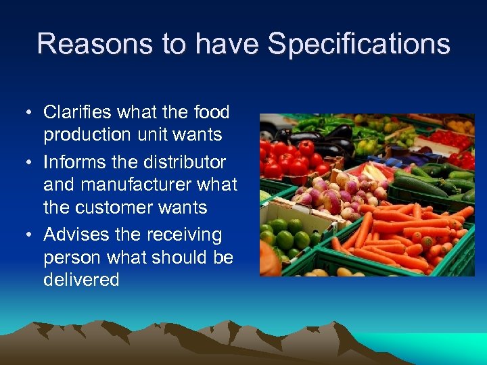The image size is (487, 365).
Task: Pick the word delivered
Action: click(x=81, y=280)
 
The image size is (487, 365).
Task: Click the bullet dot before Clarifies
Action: click(x=31, y=112)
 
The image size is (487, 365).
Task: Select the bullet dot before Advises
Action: click(x=31, y=235)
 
